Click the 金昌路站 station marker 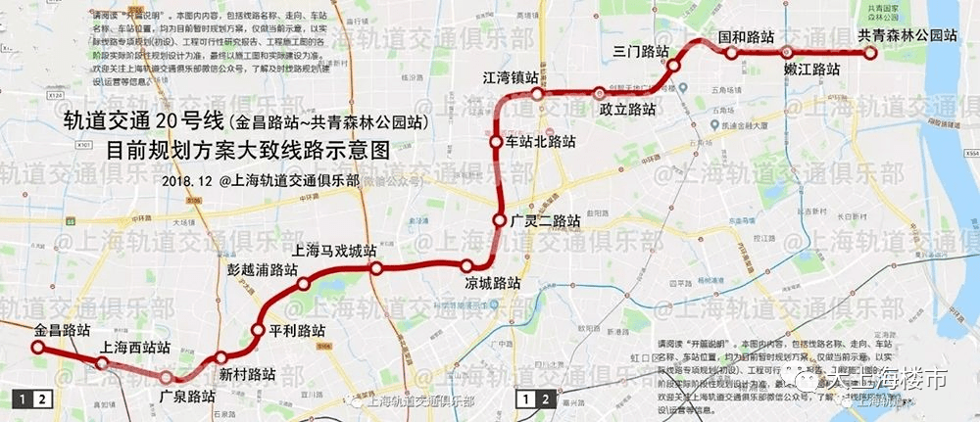point(37,348)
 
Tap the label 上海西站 point(135,348)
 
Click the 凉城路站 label point(492,284)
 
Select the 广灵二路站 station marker point(500,219)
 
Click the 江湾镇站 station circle point(537,93)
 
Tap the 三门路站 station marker point(674,66)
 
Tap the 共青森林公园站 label point(906,35)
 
